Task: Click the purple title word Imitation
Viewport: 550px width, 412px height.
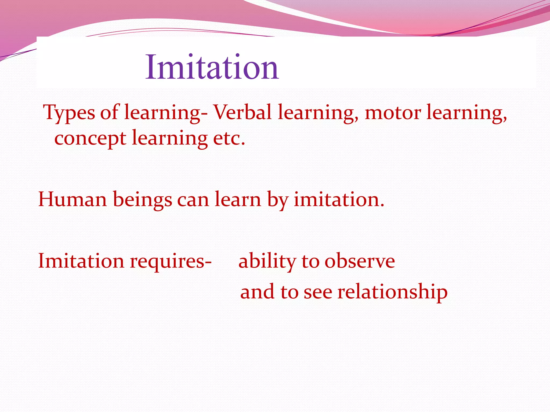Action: point(212,67)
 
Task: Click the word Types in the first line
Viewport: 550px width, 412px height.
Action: point(69,113)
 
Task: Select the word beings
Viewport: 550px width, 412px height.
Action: point(142,200)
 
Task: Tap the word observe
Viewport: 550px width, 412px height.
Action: point(360,261)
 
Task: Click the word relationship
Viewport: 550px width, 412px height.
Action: point(392,292)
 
